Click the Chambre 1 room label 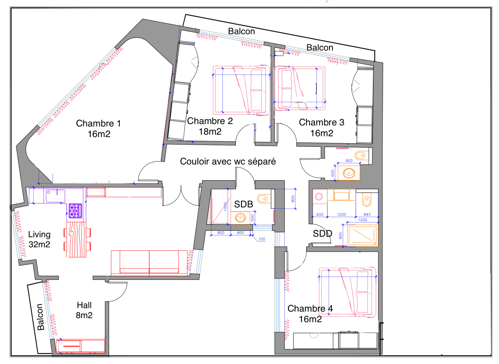coord(98,123)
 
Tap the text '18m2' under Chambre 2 coord(210,132)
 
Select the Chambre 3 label coord(321,123)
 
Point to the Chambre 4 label coord(310,308)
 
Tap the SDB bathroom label coord(243,204)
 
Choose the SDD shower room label coord(322,234)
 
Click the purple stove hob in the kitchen coord(75,211)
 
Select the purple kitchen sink coord(56,196)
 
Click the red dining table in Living coord(76,240)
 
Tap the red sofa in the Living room coord(149,263)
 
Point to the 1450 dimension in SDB coord(225,207)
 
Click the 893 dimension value coord(367,214)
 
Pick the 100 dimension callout coord(262,239)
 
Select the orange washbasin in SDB coord(240,218)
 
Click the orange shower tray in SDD coord(362,236)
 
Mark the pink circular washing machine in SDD coord(319,197)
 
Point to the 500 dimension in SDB coord(253,218)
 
